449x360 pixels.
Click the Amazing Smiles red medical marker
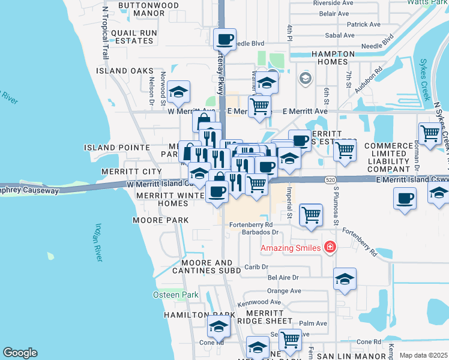click(x=329, y=247)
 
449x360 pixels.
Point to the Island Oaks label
click(x=125, y=71)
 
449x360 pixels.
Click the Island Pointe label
click(x=116, y=148)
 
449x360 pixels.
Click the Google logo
click(x=20, y=353)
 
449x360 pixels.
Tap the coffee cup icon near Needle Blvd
click(x=225, y=40)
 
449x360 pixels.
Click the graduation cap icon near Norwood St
click(x=178, y=92)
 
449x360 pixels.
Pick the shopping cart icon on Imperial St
click(x=310, y=214)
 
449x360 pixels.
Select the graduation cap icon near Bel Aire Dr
click(x=345, y=279)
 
